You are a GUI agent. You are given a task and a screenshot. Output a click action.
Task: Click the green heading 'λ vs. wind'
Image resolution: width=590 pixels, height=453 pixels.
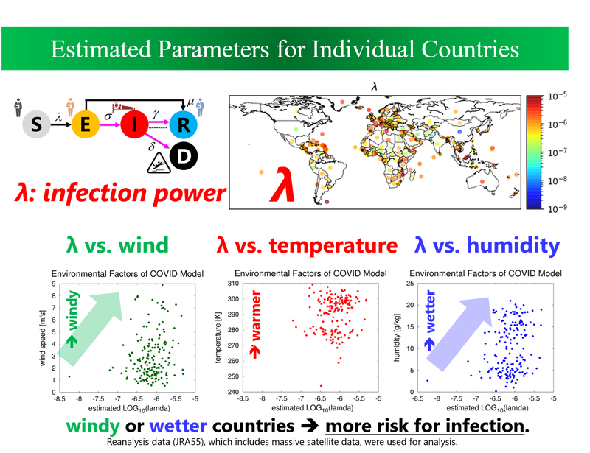[x=116, y=244]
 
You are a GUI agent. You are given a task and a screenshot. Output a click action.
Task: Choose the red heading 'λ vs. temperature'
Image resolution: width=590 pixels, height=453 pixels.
[x=305, y=244]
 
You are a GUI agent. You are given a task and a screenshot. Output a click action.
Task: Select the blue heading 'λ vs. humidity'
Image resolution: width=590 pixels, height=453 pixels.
[x=487, y=244]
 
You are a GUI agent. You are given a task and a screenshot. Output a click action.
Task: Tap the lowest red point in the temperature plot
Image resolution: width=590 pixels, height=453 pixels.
[x=321, y=385]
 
